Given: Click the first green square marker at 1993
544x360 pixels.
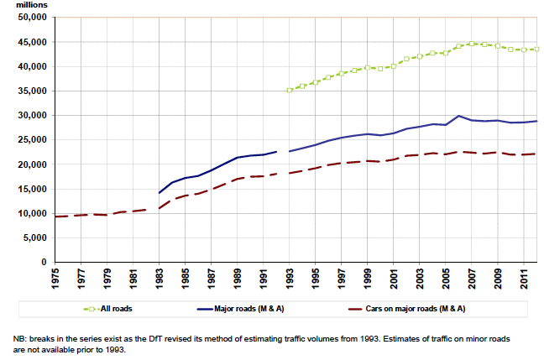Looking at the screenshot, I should point(290,90).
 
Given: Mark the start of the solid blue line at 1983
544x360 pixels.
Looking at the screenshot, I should point(160,193).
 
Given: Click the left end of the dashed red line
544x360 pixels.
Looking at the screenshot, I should point(54,217).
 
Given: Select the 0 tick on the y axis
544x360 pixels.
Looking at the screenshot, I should point(44,263).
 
